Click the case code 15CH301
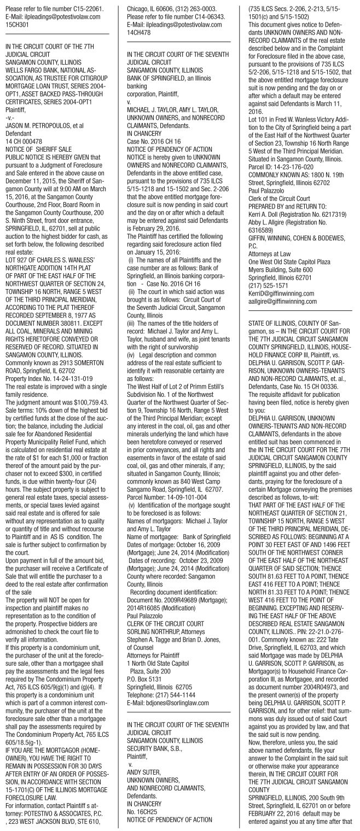(16, 24)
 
